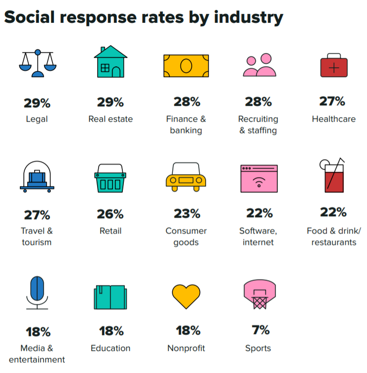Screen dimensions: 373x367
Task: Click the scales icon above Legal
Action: click(37, 62)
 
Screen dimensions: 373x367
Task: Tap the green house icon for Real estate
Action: click(110, 62)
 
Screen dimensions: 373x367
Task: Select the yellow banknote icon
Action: click(186, 65)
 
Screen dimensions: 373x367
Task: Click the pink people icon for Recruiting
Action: click(259, 65)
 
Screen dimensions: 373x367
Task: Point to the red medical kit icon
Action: click(334, 66)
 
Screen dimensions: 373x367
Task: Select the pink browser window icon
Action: click(259, 179)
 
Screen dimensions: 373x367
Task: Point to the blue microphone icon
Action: click(37, 293)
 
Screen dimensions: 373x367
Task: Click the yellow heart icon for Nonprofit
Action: click(186, 296)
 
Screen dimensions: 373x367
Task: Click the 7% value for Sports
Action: click(258, 329)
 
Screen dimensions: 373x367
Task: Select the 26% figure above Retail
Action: click(110, 214)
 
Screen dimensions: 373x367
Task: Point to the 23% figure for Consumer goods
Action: click(187, 214)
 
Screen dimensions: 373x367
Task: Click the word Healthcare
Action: click(333, 119)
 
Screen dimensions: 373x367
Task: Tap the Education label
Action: click(110, 348)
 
